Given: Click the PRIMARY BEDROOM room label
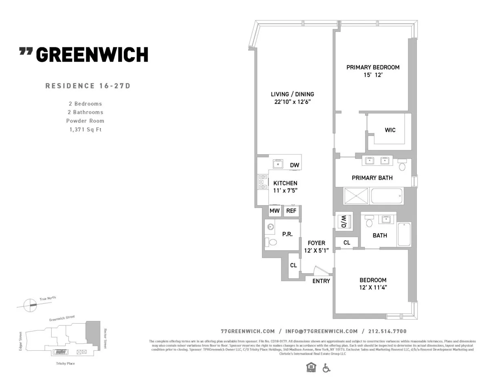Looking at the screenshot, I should pyautogui.click(x=372, y=67).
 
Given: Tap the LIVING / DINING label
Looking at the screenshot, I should pyautogui.click(x=292, y=94).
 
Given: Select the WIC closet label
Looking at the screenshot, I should pyautogui.click(x=390, y=130).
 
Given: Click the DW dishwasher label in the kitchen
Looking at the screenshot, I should pyautogui.click(x=295, y=165).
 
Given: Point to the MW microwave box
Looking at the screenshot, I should pyautogui.click(x=274, y=211).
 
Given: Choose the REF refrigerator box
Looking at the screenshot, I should pyautogui.click(x=291, y=211).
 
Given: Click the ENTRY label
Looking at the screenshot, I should pyautogui.click(x=321, y=281).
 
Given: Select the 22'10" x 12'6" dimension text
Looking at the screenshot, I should pyautogui.click(x=293, y=102).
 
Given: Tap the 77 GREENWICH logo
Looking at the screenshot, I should pyautogui.click(x=84, y=54).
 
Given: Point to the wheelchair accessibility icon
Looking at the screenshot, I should pyautogui.click(x=326, y=368).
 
